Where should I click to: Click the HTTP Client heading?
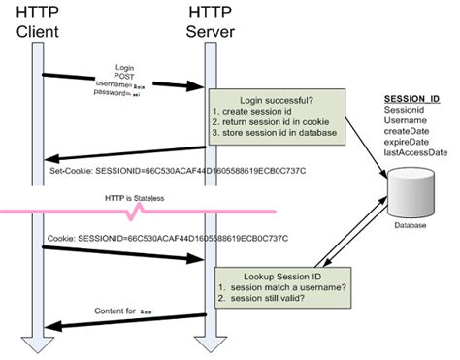pyautogui.click(x=39, y=23)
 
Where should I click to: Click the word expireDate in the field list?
pyautogui.click(x=408, y=140)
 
